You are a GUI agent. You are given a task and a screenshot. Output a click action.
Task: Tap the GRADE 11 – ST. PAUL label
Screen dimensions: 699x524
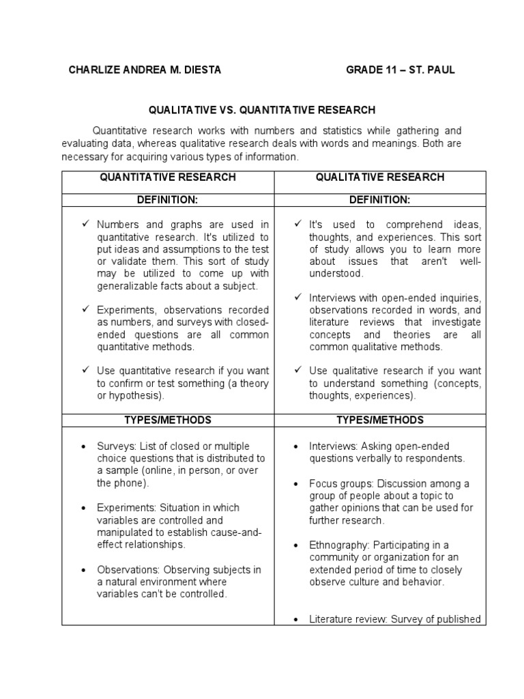pyautogui.click(x=400, y=70)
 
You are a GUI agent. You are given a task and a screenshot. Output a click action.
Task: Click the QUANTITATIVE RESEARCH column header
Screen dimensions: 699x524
pyautogui.click(x=168, y=177)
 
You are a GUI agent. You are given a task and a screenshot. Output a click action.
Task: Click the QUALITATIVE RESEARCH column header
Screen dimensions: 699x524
pyautogui.click(x=380, y=177)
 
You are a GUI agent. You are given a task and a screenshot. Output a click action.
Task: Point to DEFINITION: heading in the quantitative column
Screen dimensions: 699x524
pyautogui.click(x=168, y=200)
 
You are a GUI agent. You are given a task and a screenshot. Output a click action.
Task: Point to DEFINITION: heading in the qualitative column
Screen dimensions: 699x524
pyautogui.click(x=380, y=200)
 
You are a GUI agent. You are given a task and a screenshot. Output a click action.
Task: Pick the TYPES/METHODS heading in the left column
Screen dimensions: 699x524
pyautogui.click(x=168, y=420)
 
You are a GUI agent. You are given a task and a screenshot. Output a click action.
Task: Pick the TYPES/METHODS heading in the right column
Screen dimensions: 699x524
pyautogui.click(x=380, y=420)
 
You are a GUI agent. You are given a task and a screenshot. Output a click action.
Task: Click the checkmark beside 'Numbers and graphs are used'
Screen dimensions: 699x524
pyautogui.click(x=85, y=224)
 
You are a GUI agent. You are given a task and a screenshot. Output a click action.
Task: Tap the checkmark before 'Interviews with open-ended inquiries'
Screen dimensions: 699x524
pyautogui.click(x=298, y=298)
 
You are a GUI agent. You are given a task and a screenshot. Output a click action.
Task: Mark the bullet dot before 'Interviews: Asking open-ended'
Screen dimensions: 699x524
pyautogui.click(x=294, y=446)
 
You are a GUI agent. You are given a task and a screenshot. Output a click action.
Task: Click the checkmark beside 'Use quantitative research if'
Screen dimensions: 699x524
pyautogui.click(x=85, y=371)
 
